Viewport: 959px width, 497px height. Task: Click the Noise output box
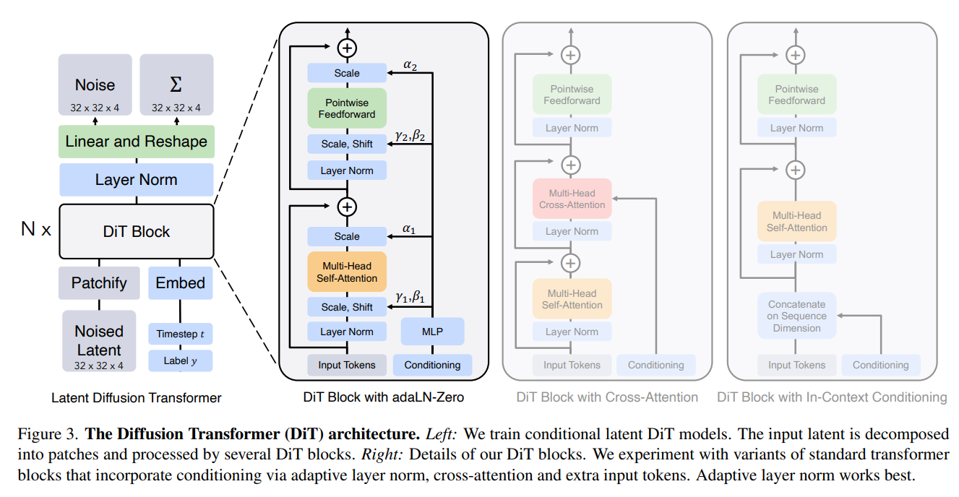coord(95,85)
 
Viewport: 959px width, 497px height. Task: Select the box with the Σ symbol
coord(176,85)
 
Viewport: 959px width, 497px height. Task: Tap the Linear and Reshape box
coord(137,142)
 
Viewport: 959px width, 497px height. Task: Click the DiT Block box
coord(137,232)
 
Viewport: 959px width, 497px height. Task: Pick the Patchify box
coord(99,283)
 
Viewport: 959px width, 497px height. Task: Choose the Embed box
coord(180,283)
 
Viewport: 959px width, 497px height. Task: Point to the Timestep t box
coord(180,334)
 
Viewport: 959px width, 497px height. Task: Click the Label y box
coord(180,361)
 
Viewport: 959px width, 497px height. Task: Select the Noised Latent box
coord(99,341)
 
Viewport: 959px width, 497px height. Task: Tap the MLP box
coord(432,332)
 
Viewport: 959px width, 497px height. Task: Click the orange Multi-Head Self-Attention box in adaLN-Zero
coord(347,272)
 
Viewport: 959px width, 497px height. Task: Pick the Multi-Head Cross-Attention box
coord(572,199)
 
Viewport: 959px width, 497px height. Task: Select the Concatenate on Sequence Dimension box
coord(796,316)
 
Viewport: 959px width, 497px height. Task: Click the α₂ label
coord(410,65)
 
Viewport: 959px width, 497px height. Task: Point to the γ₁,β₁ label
coord(410,297)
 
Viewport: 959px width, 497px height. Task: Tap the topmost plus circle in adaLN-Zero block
coord(347,48)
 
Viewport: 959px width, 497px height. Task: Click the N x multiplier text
coord(36,229)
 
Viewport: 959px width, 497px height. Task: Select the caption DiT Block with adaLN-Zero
coord(383,397)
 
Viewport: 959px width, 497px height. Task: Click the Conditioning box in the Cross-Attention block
coord(656,365)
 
